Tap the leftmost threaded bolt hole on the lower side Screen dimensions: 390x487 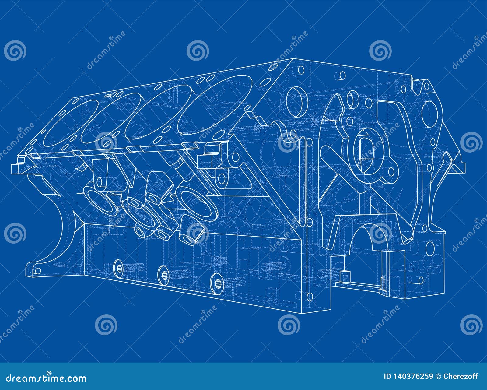pyautogui.click(x=119, y=268)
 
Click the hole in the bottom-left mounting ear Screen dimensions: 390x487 pyautogui.click(x=37, y=270)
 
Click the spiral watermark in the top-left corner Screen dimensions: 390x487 pyautogui.click(x=15, y=51)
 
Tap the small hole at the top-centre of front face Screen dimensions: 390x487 pyautogui.click(x=342, y=75)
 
